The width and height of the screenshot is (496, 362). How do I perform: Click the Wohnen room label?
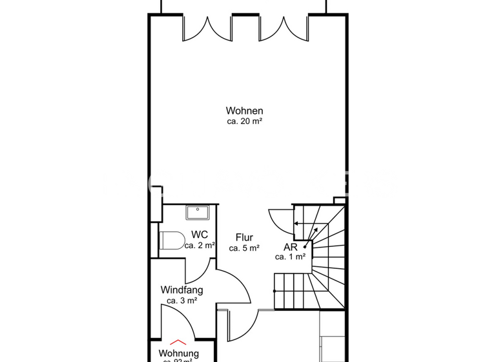[244, 111]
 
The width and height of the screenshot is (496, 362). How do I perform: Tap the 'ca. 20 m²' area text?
[244, 121]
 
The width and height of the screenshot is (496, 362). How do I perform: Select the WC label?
[199, 235]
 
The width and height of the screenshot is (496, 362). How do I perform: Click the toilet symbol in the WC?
[170, 240]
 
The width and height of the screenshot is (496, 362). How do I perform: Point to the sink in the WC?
[195, 212]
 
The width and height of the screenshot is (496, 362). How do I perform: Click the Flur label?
[244, 237]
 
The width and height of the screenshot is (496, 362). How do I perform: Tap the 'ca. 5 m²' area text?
[244, 248]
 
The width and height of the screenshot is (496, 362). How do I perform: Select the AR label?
[290, 247]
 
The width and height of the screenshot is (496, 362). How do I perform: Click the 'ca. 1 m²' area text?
[290, 257]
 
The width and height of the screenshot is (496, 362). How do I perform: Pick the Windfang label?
[181, 290]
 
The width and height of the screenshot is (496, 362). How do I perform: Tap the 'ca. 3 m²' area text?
[181, 300]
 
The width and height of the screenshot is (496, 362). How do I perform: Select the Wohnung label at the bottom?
[179, 354]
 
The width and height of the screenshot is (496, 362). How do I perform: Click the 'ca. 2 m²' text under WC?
[200, 246]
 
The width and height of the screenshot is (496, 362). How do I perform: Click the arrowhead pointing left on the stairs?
[296, 223]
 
